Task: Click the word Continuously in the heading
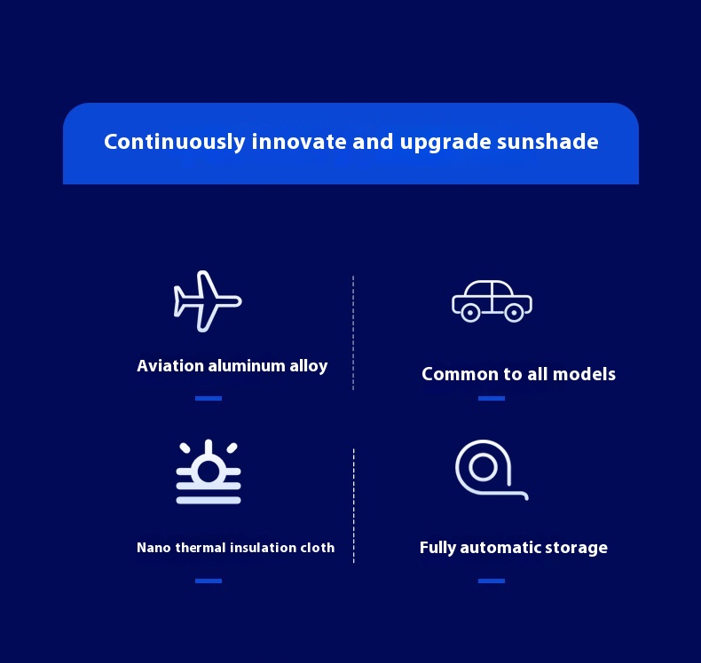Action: pos(175,142)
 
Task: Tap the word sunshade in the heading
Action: pos(547,142)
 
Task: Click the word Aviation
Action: pos(170,366)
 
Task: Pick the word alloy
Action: pos(309,367)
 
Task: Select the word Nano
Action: pos(154,548)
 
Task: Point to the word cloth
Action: pos(317,548)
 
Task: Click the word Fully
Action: pos(437,548)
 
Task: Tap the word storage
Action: pos(578,548)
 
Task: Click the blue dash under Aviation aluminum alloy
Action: pos(209,398)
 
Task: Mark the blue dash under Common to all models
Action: pos(492,398)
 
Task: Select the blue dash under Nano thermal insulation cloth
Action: pos(209,581)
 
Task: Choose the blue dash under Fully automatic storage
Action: pos(492,581)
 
